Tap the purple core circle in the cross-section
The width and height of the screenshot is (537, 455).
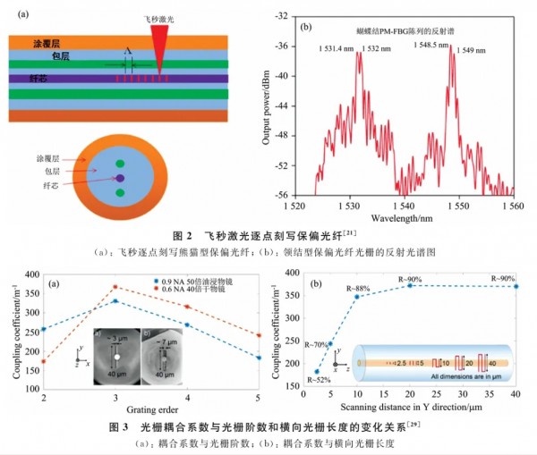pos(119,178)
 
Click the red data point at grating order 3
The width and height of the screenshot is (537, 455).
pos(115,288)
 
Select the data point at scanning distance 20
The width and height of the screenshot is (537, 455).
pos(411,285)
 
